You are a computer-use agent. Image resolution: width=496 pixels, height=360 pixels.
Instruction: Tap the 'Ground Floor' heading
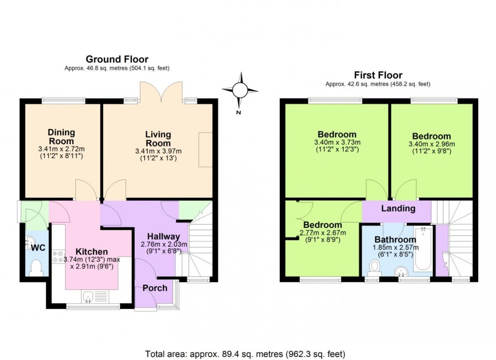(x=117, y=60)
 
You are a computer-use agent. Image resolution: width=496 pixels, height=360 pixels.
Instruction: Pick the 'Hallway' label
(x=163, y=236)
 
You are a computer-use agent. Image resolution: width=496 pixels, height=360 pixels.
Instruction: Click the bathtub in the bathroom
(x=422, y=249)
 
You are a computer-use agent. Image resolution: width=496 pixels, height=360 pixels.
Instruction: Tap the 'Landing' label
(x=398, y=208)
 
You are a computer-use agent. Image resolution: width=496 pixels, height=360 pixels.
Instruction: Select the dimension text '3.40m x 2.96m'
(x=431, y=144)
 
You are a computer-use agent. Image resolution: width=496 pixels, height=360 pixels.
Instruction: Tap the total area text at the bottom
(x=245, y=354)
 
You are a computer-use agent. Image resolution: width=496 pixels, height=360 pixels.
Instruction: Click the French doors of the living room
(x=161, y=91)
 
